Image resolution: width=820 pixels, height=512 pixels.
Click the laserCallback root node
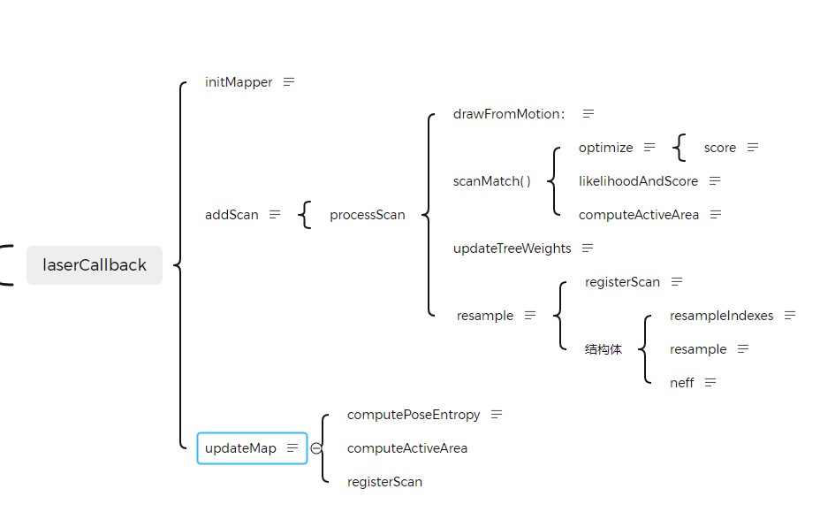click(95, 265)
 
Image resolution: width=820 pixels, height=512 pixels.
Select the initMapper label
click(239, 82)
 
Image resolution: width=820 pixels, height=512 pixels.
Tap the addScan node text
click(232, 215)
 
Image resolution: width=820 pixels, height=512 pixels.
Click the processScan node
click(367, 215)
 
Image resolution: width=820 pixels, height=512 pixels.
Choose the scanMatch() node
click(492, 181)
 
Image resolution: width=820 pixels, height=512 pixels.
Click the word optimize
click(605, 148)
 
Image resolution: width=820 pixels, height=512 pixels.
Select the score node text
click(719, 148)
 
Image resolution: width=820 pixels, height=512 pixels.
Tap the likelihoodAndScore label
click(638, 181)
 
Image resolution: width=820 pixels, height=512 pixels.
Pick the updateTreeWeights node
click(512, 248)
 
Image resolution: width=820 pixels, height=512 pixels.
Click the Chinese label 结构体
click(604, 349)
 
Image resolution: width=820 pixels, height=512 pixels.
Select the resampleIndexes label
click(721, 316)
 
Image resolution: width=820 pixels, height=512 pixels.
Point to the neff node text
click(682, 383)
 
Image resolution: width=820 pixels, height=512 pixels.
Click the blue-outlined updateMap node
click(241, 448)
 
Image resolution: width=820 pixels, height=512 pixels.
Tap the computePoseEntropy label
click(414, 415)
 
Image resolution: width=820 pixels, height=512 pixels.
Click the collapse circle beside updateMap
click(315, 448)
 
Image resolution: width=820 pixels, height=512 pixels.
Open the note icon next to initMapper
click(289, 82)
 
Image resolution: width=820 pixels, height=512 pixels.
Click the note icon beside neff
click(710, 383)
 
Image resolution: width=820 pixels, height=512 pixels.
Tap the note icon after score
click(753, 148)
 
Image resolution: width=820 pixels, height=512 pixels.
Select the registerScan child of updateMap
click(384, 482)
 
